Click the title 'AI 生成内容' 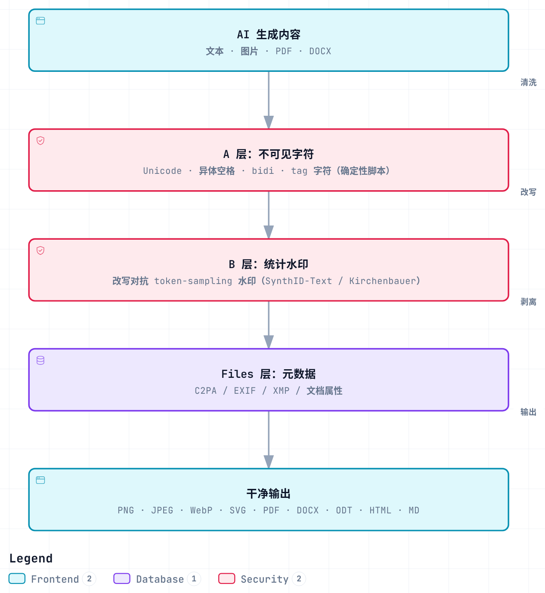click(269, 34)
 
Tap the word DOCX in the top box click(320, 51)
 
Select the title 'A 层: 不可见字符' click(269, 154)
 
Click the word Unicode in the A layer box click(162, 171)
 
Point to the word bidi click(263, 171)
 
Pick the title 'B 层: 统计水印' click(269, 264)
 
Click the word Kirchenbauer click(383, 281)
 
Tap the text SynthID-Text click(299, 281)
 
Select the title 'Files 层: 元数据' click(269, 374)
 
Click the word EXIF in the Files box click(245, 391)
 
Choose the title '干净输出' click(269, 494)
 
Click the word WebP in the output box click(201, 510)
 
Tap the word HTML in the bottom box click(380, 510)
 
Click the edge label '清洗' click(529, 82)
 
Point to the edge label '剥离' click(529, 302)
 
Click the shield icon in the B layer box click(40, 250)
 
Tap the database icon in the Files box click(40, 360)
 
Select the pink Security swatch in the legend click(227, 578)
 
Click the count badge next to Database click(194, 578)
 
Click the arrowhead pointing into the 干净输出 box click(269, 462)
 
